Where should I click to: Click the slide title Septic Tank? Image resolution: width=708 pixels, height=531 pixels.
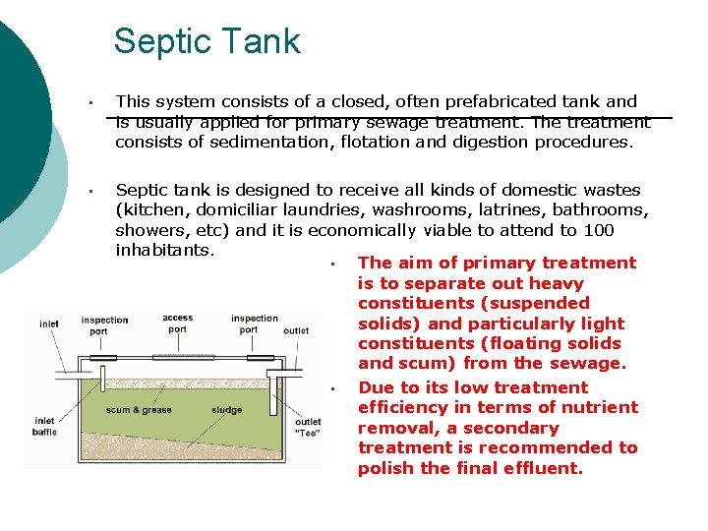[206, 41]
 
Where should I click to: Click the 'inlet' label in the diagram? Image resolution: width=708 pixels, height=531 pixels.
[49, 324]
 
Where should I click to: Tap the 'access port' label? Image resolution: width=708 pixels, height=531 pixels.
[178, 324]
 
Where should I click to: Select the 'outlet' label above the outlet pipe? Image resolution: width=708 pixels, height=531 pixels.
[296, 331]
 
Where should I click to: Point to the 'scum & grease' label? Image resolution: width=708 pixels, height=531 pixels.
[139, 410]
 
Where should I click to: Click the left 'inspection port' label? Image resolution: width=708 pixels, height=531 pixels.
[105, 325]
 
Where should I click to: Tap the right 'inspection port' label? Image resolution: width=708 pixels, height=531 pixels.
[255, 324]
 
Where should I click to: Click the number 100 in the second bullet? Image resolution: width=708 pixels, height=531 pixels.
[596, 230]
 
